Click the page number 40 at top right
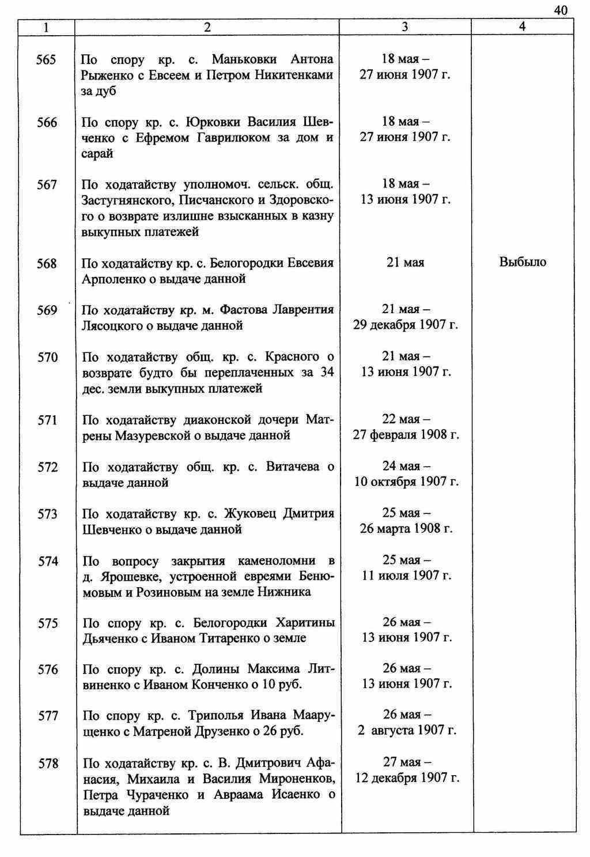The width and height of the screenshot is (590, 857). pyautogui.click(x=561, y=10)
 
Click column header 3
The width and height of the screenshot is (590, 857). pyautogui.click(x=405, y=27)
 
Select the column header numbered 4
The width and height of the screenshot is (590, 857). pyautogui.click(x=522, y=27)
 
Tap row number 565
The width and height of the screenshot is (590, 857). pyautogui.click(x=46, y=60)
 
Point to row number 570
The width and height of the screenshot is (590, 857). pyautogui.click(x=47, y=358)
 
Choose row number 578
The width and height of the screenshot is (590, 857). pyautogui.click(x=48, y=764)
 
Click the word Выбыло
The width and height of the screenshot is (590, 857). pyautogui.click(x=523, y=262)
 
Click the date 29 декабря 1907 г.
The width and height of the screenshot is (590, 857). pyautogui.click(x=406, y=325)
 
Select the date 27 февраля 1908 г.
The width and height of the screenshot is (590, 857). pyautogui.click(x=406, y=435)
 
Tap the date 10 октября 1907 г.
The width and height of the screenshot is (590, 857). pyautogui.click(x=406, y=482)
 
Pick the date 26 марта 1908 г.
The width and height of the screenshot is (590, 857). pyautogui.click(x=406, y=528)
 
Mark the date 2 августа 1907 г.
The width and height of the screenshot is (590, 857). pyautogui.click(x=407, y=731)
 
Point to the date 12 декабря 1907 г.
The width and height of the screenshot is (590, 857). pyautogui.click(x=407, y=778)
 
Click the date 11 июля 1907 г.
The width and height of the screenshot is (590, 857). pyautogui.click(x=406, y=576)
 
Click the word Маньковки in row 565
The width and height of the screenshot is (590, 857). pyautogui.click(x=244, y=60)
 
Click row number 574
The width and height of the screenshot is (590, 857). pyautogui.click(x=48, y=561)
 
